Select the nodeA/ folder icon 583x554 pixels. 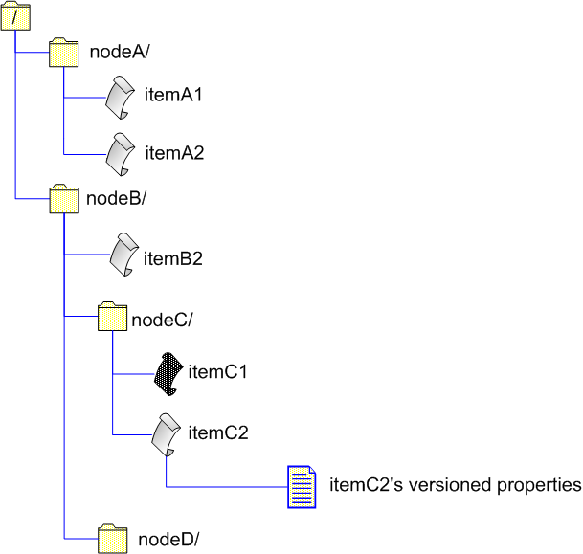(x=63, y=54)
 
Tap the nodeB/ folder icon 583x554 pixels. (x=63, y=199)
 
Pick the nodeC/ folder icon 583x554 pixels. (x=113, y=318)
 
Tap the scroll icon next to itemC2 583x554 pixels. (x=168, y=434)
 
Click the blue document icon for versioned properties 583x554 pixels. (x=303, y=487)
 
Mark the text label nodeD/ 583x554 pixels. (x=169, y=538)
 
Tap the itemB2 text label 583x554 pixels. (x=172, y=257)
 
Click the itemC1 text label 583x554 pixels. (x=218, y=371)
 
